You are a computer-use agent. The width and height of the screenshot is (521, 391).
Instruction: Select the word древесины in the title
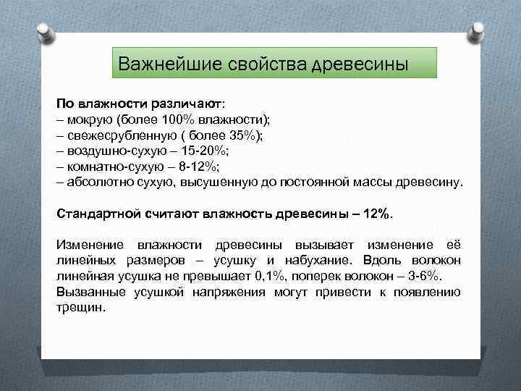pos(360,64)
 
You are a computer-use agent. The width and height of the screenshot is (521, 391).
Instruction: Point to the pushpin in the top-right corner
pos(478,30)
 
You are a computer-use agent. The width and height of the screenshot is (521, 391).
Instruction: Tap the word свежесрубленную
pos(119,135)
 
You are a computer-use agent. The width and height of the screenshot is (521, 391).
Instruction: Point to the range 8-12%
pos(192,166)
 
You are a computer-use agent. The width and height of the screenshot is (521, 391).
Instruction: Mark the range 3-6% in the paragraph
pos(432,276)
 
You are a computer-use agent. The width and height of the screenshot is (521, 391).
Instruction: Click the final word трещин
pos(80,307)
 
